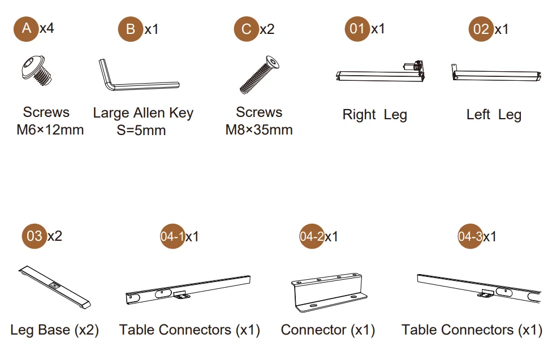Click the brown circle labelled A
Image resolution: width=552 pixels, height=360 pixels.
pos(26,28)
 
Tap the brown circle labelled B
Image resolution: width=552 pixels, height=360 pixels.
pos(131,29)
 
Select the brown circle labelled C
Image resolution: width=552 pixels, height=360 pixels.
pos(247,29)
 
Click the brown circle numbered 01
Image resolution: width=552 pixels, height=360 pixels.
pos(357,29)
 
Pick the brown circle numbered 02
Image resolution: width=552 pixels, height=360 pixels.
pos(481,29)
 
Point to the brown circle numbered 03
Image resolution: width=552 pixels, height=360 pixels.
pos(34,236)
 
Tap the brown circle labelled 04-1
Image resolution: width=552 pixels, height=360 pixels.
pos(172,236)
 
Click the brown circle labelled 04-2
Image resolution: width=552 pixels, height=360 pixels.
pos(312,236)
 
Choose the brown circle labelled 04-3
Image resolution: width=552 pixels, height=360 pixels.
pos(471,236)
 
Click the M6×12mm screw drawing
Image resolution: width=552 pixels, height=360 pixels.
pos(36,71)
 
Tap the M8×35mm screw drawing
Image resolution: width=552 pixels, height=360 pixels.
pos(260,75)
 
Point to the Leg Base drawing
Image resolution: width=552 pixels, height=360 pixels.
pos(54,287)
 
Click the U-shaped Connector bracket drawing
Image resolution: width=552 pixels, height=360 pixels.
pos(329,292)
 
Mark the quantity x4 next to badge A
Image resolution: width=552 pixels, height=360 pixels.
pos(47,28)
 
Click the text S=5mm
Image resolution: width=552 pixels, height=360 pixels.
pos(141,130)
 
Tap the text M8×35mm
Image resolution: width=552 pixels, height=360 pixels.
pos(259,130)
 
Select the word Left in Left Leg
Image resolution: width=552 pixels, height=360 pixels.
pos(478,114)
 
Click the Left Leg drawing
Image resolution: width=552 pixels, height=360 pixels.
pos(496,73)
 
